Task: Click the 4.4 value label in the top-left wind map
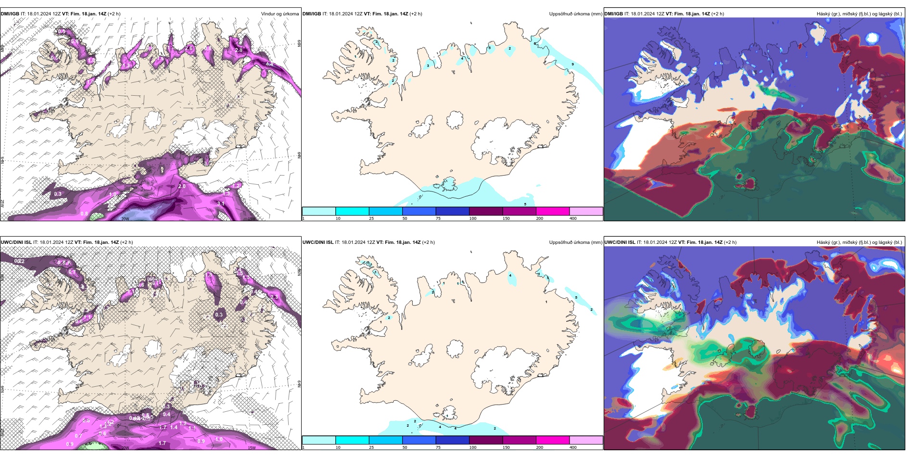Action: point(269,64)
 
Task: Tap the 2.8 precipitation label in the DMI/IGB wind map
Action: point(238,50)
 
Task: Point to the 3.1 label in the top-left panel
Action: point(221,203)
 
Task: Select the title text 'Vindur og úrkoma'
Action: point(279,14)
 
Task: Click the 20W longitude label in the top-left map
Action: point(125,219)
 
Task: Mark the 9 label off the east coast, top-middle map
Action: point(572,64)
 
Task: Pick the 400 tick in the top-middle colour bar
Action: point(573,218)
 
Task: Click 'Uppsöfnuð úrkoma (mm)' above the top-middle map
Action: point(575,14)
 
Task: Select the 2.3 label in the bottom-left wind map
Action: point(274,297)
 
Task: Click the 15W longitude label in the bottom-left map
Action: point(251,448)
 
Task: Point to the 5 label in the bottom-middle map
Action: point(576,298)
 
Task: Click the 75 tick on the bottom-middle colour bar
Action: point(438,447)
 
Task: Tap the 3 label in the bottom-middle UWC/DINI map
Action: point(547,278)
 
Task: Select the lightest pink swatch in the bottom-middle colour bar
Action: point(586,440)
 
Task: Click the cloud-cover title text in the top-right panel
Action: point(859,14)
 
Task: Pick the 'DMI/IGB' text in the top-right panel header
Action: point(613,14)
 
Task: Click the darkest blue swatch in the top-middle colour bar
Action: point(452,211)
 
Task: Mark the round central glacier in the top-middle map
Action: point(455,120)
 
